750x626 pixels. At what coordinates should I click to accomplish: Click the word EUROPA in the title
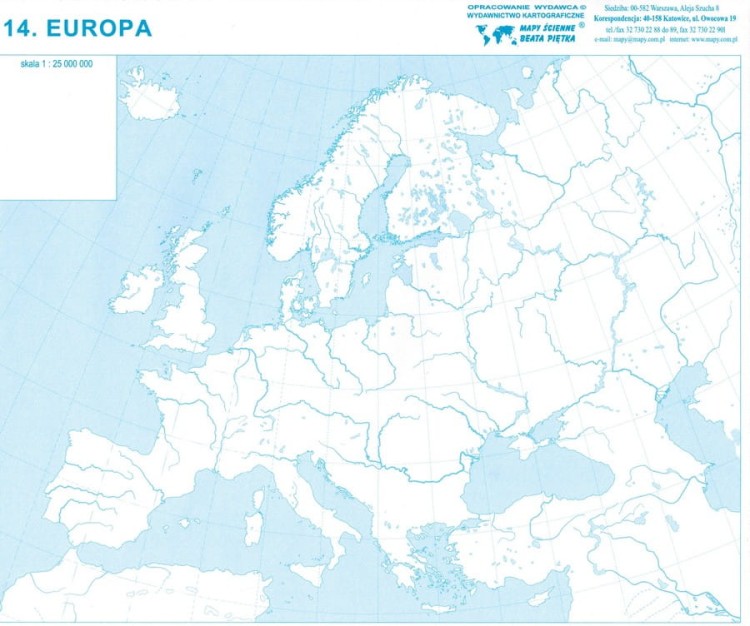tap(106, 29)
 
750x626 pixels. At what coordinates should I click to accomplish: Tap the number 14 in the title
tap(23, 29)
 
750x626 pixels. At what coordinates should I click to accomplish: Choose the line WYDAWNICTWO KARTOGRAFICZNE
tap(526, 17)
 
